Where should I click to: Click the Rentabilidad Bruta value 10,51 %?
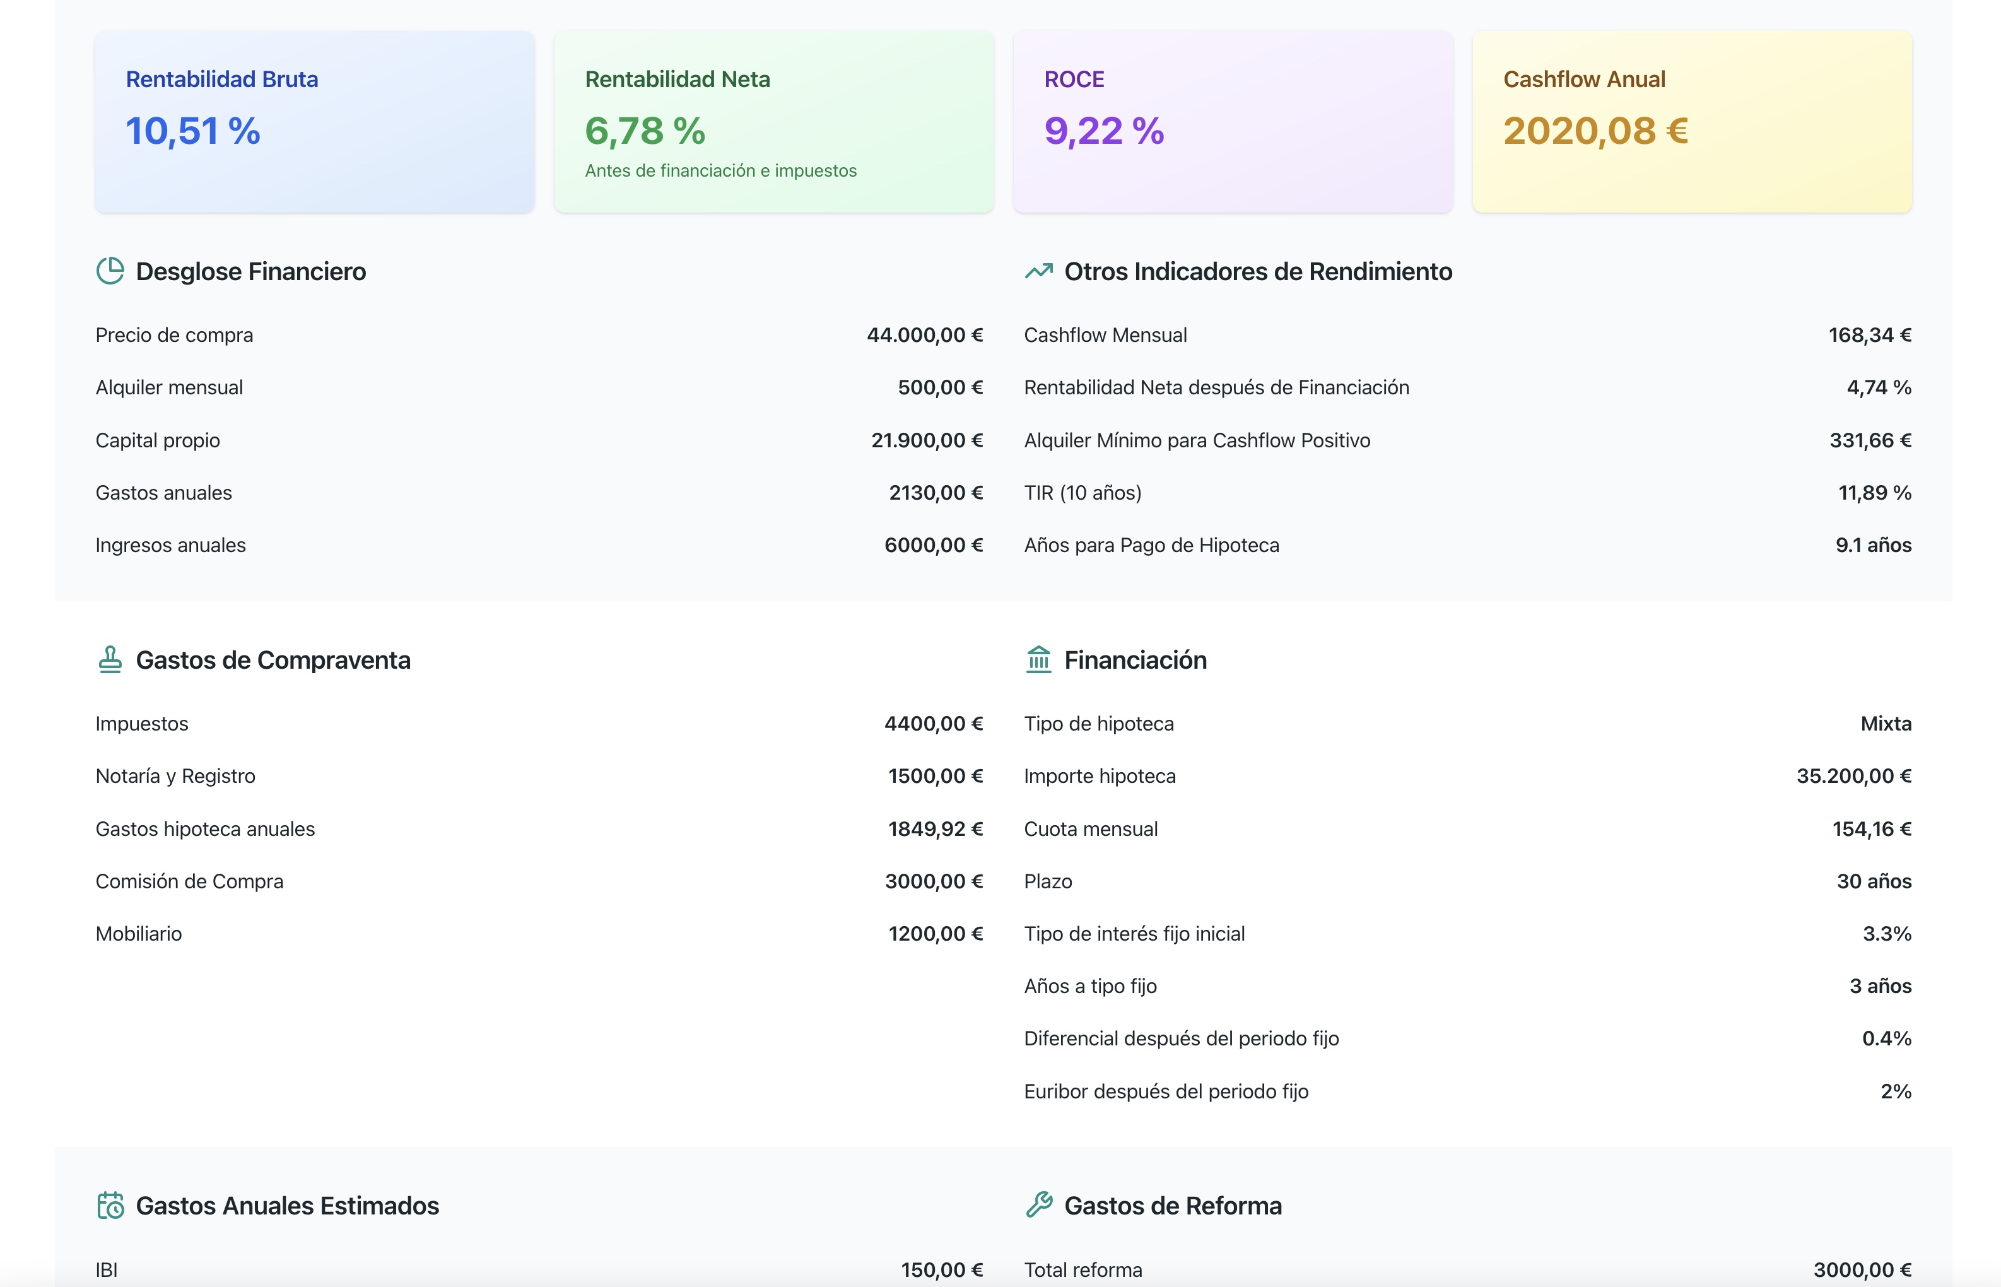193,131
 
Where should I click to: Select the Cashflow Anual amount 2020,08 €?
1595,131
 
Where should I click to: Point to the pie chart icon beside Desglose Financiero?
109,271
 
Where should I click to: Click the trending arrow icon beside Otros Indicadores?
1038,271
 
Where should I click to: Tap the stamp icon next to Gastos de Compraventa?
109,659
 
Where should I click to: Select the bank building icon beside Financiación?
1038,659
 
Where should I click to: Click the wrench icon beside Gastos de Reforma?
1038,1205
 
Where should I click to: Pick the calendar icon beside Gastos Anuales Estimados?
109,1205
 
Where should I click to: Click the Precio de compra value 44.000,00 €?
924,335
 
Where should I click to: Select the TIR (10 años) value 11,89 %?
1874,493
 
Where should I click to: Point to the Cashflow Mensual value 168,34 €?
1869,335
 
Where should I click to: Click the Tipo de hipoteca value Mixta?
1885,724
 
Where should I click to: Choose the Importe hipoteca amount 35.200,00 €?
1853,777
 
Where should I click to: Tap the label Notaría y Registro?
175,777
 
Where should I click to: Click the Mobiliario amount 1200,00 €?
935,934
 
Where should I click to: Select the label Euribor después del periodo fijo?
1166,1091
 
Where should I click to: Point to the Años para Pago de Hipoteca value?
1872,546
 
